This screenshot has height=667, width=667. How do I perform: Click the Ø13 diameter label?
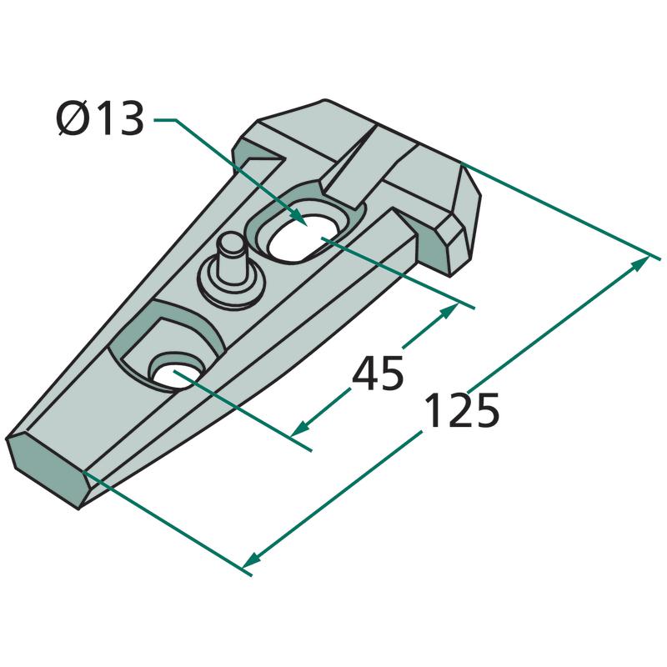tap(100, 118)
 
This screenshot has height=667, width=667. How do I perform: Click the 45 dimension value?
tap(378, 373)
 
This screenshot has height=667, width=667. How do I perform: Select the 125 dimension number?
tap(462, 410)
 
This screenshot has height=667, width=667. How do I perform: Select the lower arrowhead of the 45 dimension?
tap(300, 428)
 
